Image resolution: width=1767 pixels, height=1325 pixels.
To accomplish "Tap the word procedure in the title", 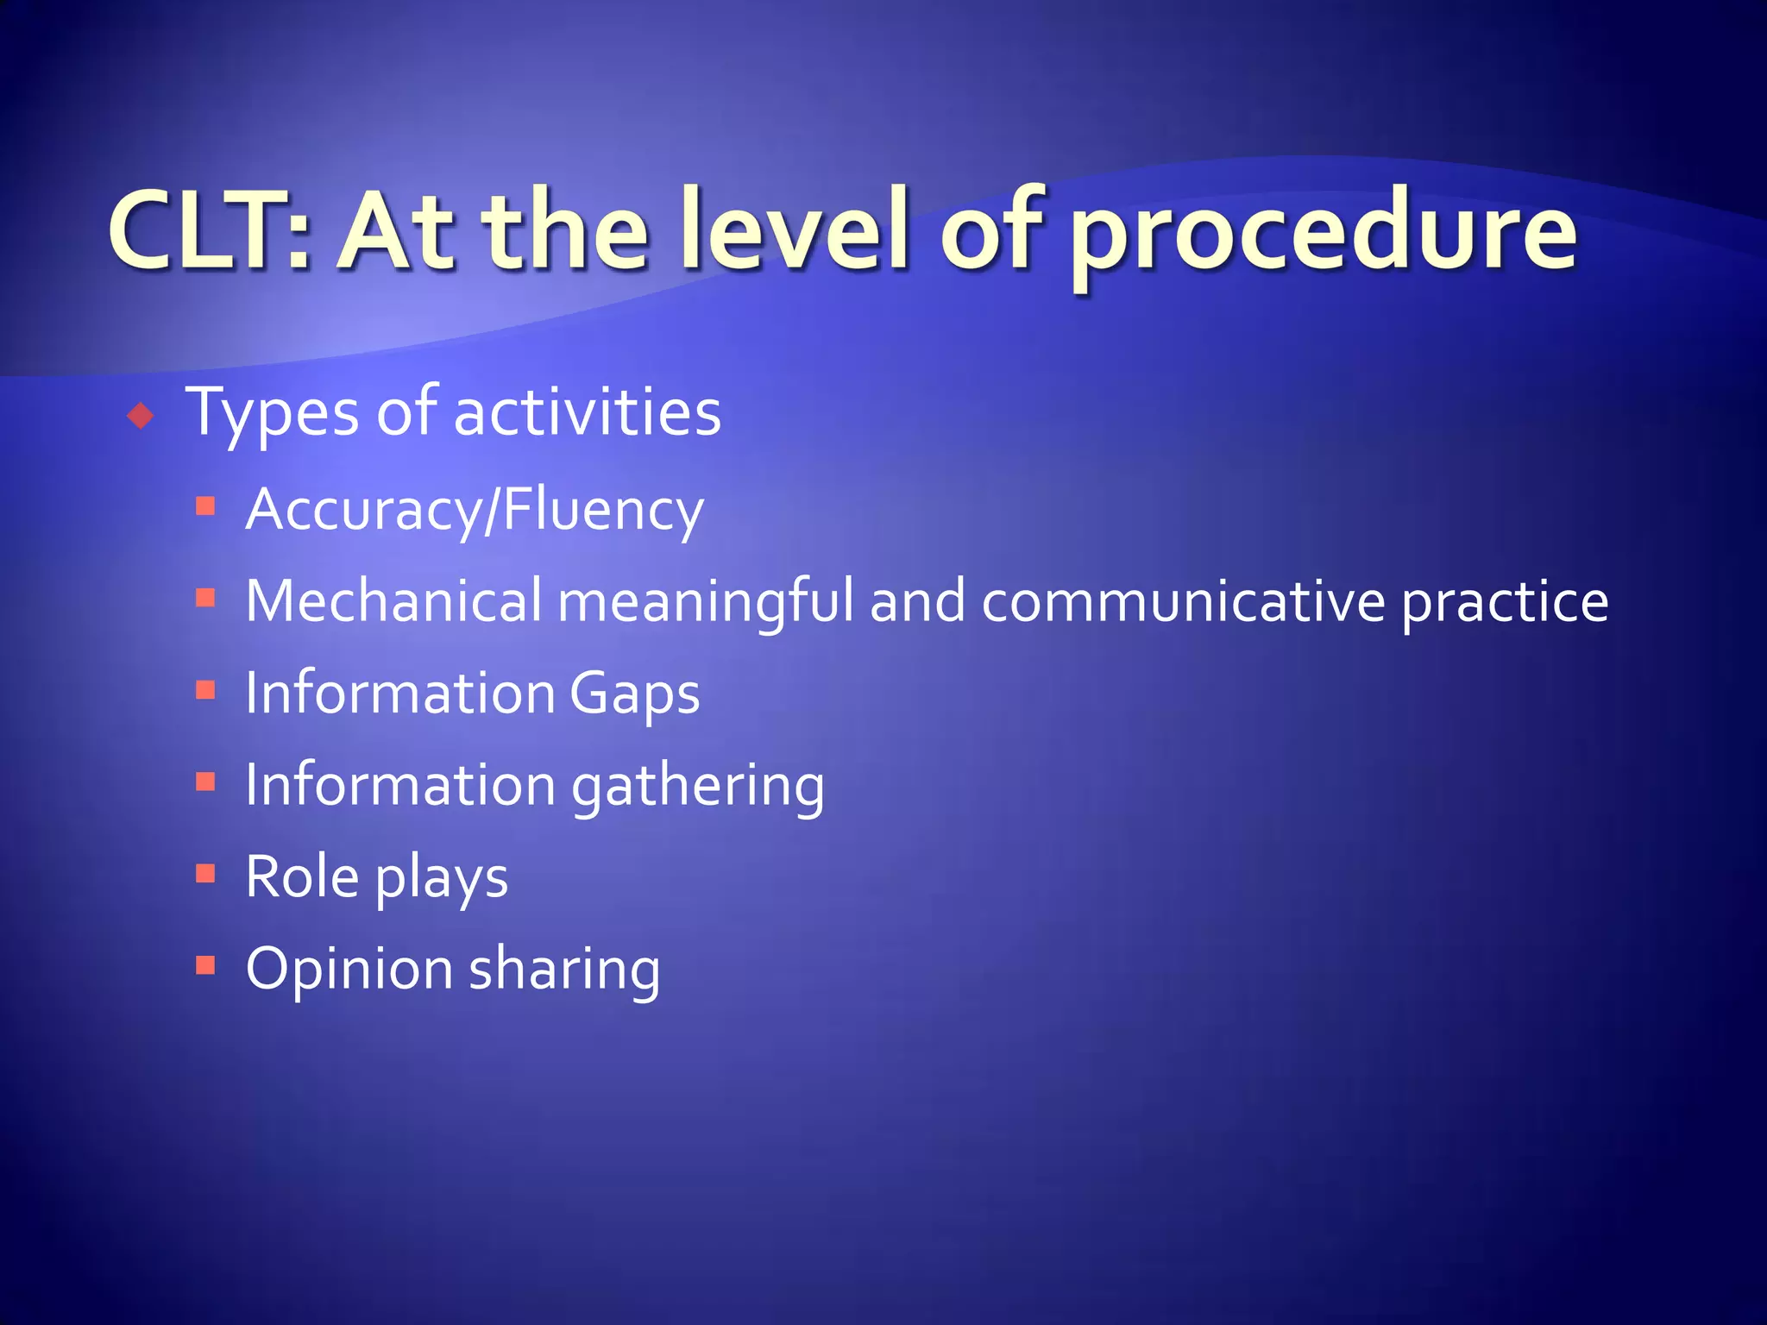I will pos(1324,233).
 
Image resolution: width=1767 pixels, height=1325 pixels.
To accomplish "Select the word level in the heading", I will pos(794,229).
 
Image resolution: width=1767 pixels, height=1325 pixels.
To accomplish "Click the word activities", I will pos(587,412).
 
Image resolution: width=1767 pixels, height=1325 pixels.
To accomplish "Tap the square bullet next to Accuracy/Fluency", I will pos(205,506).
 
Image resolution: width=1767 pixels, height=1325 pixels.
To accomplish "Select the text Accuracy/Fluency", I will pos(475,511).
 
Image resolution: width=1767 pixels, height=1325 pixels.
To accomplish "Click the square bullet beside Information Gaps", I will pos(205,689).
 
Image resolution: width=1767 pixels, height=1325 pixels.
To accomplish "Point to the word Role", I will pos(302,877).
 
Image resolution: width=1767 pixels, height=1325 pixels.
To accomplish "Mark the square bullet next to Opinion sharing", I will pos(205,964).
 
